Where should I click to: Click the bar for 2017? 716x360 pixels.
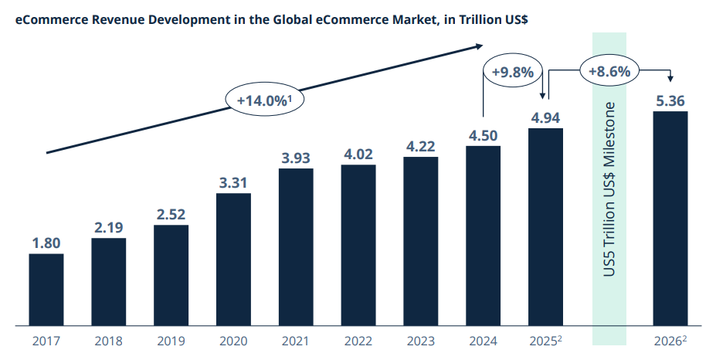point(46,289)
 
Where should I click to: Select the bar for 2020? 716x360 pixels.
point(234,259)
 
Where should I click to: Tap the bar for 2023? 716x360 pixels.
point(421,240)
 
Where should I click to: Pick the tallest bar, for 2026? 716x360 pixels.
point(670,218)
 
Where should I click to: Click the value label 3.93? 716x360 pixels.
point(296,158)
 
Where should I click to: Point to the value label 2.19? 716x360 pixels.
point(108,229)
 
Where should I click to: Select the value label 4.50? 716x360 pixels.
point(484,136)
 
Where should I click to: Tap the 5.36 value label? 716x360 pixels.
point(670,101)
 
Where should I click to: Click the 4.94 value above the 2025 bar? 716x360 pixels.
point(545,118)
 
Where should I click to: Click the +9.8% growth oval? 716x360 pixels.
point(512,73)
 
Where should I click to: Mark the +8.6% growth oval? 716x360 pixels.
point(609,71)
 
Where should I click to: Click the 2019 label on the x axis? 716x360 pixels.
point(171,341)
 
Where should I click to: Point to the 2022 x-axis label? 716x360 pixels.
point(358,341)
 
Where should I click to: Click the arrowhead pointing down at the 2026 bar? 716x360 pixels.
point(670,77)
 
